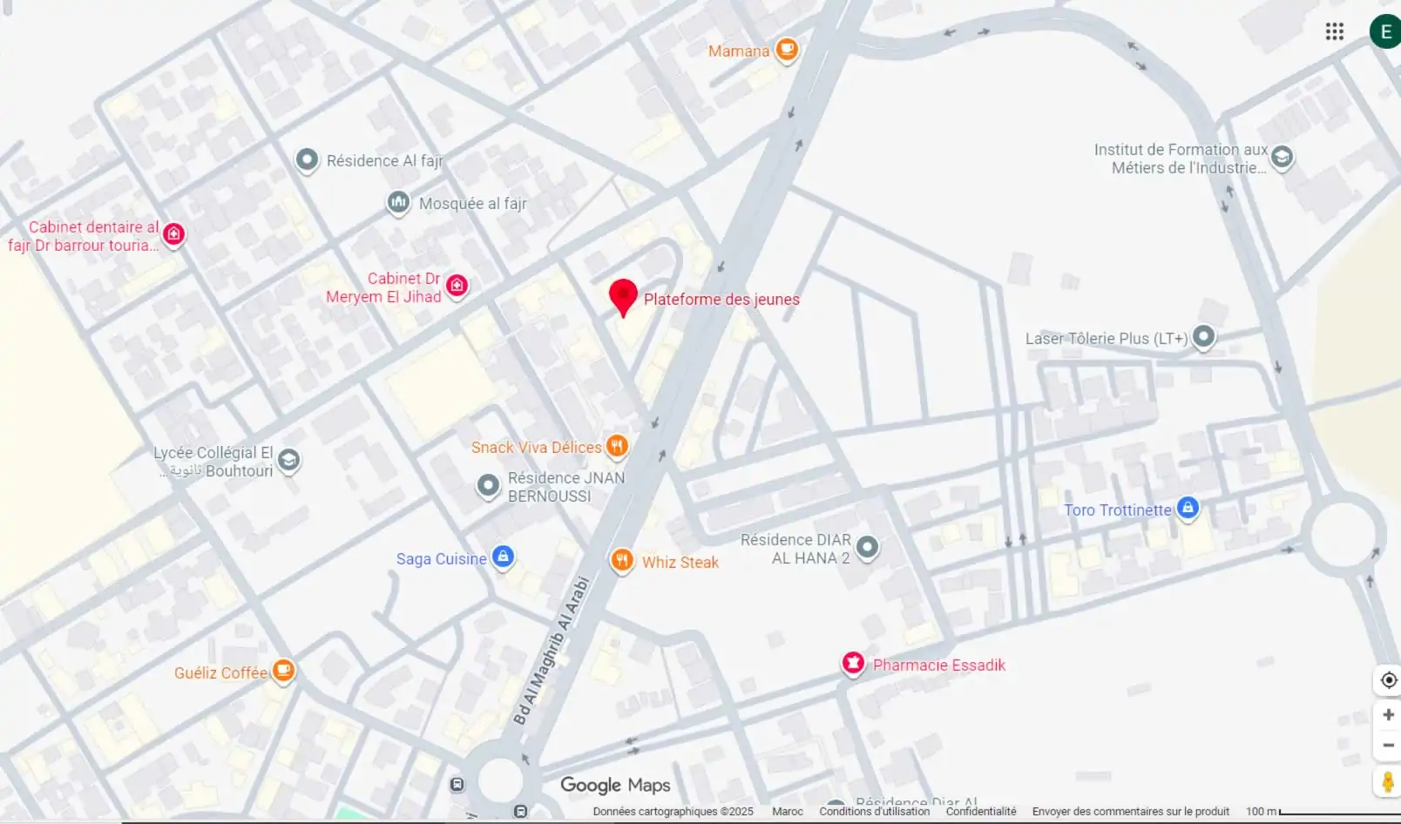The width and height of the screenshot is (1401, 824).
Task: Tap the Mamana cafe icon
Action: pyautogui.click(x=787, y=50)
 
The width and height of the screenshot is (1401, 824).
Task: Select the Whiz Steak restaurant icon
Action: pyautogui.click(x=621, y=560)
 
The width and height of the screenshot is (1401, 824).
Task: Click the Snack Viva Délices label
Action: pyautogui.click(x=536, y=448)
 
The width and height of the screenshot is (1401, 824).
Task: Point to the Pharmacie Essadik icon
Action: pyautogui.click(x=853, y=664)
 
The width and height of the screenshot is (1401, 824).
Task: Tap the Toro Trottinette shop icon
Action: pyautogui.click(x=1188, y=508)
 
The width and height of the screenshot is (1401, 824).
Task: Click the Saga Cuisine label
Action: pyautogui.click(x=441, y=559)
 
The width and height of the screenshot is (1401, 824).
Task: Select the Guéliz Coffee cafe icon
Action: pyautogui.click(x=283, y=671)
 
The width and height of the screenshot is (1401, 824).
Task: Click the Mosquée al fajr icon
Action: pyautogui.click(x=398, y=203)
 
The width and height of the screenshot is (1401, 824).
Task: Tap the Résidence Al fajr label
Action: pyautogui.click(x=384, y=161)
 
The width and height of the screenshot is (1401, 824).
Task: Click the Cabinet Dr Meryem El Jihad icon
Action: pyautogui.click(x=457, y=285)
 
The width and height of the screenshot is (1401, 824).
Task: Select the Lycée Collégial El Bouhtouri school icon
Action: pyautogui.click(x=288, y=460)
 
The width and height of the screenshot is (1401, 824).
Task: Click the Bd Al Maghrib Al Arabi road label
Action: pyautogui.click(x=551, y=651)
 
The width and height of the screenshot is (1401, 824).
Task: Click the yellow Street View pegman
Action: pyautogui.click(x=1387, y=781)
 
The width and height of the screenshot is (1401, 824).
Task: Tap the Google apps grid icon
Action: pyautogui.click(x=1334, y=32)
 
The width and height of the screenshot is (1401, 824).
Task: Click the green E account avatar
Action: pyautogui.click(x=1384, y=32)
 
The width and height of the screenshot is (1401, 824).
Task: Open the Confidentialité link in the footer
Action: pyautogui.click(x=980, y=811)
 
